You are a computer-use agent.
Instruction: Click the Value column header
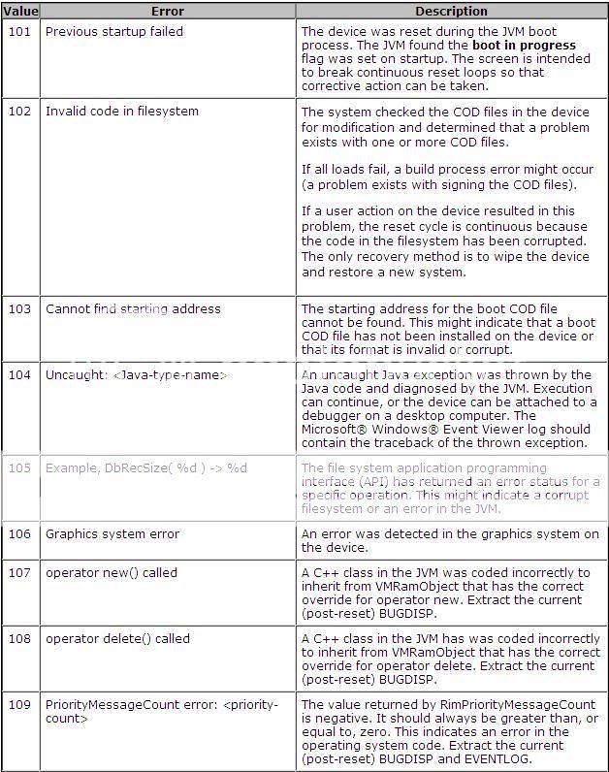(x=20, y=12)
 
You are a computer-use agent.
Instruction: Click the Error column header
(x=167, y=12)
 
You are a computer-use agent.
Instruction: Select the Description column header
(x=451, y=12)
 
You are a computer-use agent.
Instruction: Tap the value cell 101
(x=20, y=32)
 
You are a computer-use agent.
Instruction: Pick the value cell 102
(x=20, y=112)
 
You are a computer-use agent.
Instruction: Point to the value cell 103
(x=20, y=309)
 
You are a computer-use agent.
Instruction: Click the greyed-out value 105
(x=20, y=468)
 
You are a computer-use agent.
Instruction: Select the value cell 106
(x=20, y=534)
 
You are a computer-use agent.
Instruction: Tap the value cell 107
(x=20, y=573)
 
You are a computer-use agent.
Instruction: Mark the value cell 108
(x=20, y=639)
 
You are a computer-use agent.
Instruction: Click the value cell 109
(x=20, y=705)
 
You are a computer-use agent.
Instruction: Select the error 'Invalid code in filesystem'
(x=122, y=112)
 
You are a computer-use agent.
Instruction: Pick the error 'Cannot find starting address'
(x=133, y=309)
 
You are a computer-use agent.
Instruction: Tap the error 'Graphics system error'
(x=112, y=534)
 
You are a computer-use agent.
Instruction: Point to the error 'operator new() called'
(x=112, y=573)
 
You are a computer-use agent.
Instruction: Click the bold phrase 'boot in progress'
(x=524, y=46)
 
